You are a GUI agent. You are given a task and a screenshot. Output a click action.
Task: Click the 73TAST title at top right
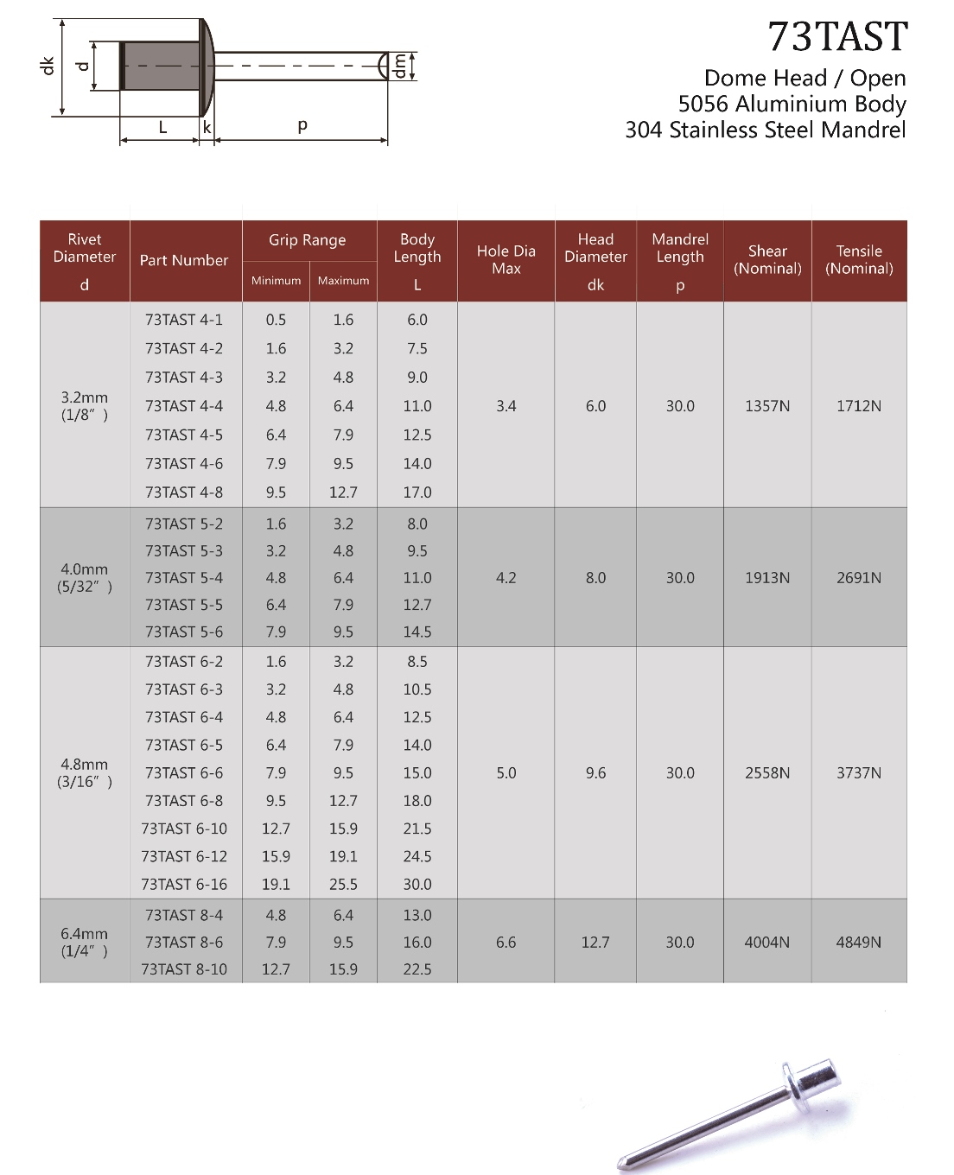[837, 37]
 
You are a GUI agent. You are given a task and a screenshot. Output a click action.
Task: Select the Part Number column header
[184, 260]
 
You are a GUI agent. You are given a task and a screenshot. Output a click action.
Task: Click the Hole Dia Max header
[506, 260]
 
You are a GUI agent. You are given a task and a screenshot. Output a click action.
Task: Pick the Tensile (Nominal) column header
[859, 260]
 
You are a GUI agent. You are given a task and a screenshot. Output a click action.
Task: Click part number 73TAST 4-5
[184, 435]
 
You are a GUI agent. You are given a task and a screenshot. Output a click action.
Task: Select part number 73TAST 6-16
[184, 884]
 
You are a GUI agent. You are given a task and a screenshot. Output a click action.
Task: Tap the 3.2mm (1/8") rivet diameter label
[85, 406]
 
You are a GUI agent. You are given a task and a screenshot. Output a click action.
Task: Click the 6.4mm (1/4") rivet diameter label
[85, 942]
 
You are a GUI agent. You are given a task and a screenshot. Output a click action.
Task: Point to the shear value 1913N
[767, 578]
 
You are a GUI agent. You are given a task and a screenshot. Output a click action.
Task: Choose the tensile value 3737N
[859, 773]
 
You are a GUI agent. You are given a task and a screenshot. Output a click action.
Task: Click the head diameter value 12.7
[595, 943]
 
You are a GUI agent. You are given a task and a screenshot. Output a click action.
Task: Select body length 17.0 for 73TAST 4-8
[417, 492]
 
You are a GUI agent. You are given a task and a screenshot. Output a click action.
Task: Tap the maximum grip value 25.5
[343, 884]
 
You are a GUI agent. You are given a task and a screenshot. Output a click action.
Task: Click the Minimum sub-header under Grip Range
[277, 281]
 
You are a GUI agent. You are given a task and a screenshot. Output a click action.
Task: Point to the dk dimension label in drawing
[48, 66]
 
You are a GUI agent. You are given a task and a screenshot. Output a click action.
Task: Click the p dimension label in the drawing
[302, 125]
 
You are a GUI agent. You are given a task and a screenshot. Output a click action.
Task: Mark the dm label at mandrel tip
[399, 67]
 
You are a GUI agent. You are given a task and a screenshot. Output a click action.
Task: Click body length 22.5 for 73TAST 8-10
[417, 969]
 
